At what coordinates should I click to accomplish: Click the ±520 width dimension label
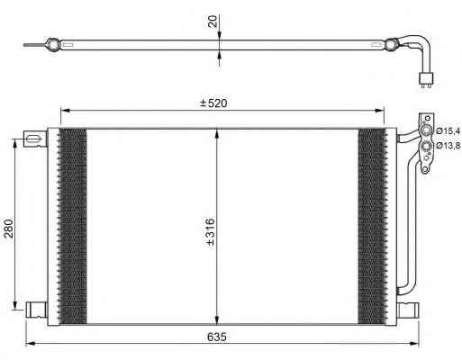tap(213, 103)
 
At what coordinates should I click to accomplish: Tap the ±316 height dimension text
tap(211, 232)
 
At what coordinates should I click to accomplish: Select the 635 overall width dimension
tap(217, 337)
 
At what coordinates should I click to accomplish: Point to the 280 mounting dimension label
tap(9, 229)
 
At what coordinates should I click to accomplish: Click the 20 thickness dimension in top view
tap(213, 22)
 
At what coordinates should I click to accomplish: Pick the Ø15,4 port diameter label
tap(448, 130)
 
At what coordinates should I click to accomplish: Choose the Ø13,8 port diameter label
tap(448, 146)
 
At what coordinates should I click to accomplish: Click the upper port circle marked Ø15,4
tap(426, 130)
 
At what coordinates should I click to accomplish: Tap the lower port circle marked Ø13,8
tap(426, 147)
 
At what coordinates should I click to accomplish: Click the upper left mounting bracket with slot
tap(35, 139)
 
